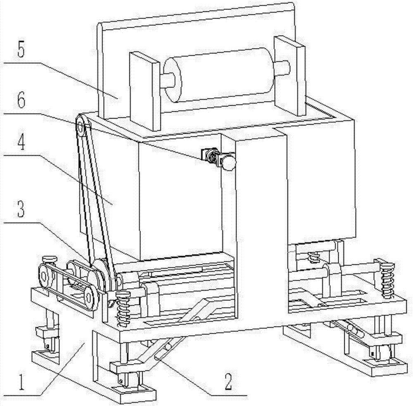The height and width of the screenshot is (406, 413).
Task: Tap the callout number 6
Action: [x=21, y=100]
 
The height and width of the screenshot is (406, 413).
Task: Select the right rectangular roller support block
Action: [x=290, y=76]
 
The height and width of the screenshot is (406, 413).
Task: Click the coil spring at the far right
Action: [x=387, y=280]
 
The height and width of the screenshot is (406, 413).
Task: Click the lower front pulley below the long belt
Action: [x=90, y=299]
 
